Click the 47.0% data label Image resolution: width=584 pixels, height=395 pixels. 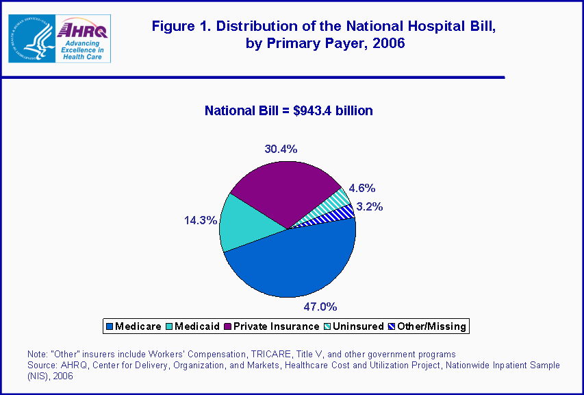(320, 306)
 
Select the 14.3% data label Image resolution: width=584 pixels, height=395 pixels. (201, 220)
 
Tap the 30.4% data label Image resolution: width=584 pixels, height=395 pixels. (281, 149)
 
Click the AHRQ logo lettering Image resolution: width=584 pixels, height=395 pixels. (81, 29)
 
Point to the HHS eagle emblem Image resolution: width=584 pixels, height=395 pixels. (30, 38)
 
